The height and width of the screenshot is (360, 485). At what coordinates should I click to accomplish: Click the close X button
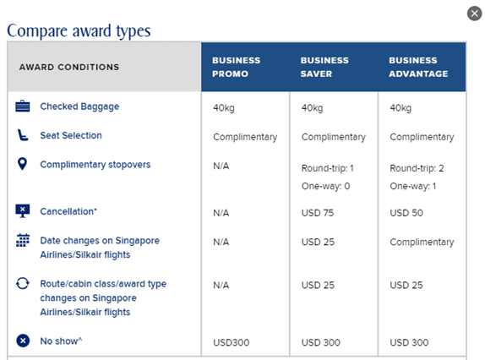point(474,14)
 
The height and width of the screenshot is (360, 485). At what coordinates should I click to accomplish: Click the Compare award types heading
point(79,31)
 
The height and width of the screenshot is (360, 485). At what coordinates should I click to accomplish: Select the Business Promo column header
point(237,67)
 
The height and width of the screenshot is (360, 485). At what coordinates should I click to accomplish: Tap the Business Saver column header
point(324,67)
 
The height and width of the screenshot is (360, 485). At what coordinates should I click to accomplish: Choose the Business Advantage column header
point(418,67)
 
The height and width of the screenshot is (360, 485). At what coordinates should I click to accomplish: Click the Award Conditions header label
point(69,67)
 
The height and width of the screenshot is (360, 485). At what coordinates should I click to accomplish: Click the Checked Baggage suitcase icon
point(23,106)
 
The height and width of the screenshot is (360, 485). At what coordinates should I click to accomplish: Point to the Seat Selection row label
point(71,135)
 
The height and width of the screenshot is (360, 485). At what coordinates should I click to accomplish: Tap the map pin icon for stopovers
point(22,164)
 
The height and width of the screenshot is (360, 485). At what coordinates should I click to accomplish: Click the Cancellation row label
point(68,211)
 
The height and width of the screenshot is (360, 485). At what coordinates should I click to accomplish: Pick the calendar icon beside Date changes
point(23,240)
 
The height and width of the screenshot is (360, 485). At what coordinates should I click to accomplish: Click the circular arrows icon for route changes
point(23,283)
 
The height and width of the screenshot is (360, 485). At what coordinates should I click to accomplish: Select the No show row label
point(61,341)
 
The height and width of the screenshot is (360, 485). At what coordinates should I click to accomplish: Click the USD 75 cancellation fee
point(318,213)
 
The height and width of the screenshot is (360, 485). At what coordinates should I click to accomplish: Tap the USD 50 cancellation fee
point(406,213)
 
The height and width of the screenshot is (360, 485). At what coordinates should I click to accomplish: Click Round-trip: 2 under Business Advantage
point(417,168)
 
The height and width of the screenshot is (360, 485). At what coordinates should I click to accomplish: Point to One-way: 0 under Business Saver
point(325,186)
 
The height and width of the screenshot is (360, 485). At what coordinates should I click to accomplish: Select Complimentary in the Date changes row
point(422,243)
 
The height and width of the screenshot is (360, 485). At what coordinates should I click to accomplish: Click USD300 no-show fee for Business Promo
point(231,343)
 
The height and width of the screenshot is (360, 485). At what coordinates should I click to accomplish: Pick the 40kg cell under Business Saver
point(312,108)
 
